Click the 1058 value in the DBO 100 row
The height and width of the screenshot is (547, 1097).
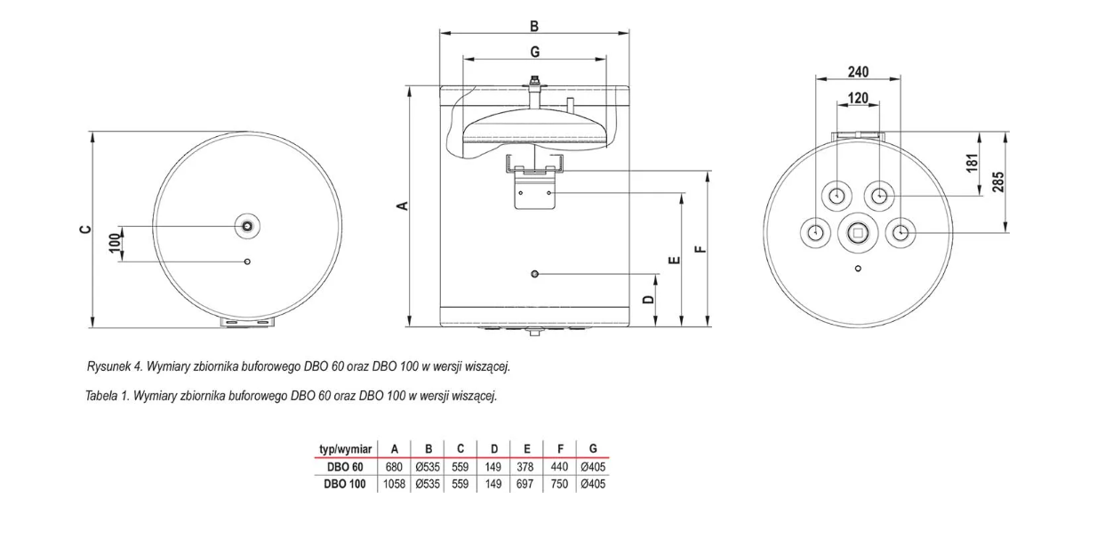tap(394, 484)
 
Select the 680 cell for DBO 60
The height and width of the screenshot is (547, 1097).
tap(394, 467)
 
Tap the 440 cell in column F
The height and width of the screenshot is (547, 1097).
tap(560, 467)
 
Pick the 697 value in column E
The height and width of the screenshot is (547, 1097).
tap(527, 484)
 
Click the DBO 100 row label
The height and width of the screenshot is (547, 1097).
tap(342, 484)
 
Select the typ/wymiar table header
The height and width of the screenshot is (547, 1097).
tap(344, 450)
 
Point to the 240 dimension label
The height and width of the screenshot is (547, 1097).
tap(858, 72)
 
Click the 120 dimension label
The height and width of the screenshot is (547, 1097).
tap(858, 98)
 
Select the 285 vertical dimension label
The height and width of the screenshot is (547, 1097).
tap(997, 182)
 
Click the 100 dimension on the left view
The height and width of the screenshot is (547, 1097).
tap(114, 243)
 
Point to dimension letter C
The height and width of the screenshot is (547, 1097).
tap(84, 229)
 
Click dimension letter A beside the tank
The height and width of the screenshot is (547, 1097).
tap(402, 205)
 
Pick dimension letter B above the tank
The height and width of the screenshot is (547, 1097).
tap(534, 27)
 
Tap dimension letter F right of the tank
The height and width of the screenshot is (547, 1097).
tap(700, 249)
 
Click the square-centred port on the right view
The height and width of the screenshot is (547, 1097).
tap(858, 234)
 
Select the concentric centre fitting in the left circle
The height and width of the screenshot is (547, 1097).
tap(247, 226)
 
